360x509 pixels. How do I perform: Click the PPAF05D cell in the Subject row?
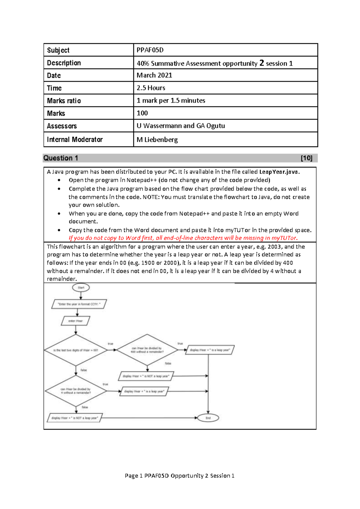pyautogui.click(x=150, y=50)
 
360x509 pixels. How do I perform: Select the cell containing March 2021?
pyautogui.click(x=154, y=75)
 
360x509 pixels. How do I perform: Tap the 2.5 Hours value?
pyautogui.click(x=151, y=88)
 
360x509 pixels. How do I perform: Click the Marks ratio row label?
pyautogui.click(x=64, y=101)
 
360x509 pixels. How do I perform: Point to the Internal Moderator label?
pyautogui.click(x=75, y=140)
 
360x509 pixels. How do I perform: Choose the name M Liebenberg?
pyautogui.click(x=157, y=140)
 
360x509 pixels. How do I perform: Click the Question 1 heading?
pyautogui.click(x=61, y=158)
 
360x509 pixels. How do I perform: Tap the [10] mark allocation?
pyautogui.click(x=306, y=158)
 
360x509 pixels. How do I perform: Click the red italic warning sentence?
pyautogui.click(x=183, y=238)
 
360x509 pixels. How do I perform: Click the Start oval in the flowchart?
pyautogui.click(x=81, y=288)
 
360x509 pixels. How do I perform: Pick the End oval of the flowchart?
pyautogui.click(x=208, y=418)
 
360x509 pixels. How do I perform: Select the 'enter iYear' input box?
pyautogui.click(x=75, y=321)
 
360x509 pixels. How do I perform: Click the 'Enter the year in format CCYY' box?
pyautogui.click(x=79, y=304)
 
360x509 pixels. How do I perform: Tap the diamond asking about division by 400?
pyautogui.click(x=147, y=350)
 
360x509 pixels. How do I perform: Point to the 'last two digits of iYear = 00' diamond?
pyautogui.click(x=76, y=350)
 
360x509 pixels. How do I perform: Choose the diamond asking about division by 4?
pyautogui.click(x=76, y=391)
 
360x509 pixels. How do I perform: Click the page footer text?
pyautogui.click(x=179, y=476)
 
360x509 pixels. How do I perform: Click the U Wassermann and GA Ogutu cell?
pyautogui.click(x=181, y=126)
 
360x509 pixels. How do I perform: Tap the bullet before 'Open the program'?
pyautogui.click(x=59, y=180)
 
